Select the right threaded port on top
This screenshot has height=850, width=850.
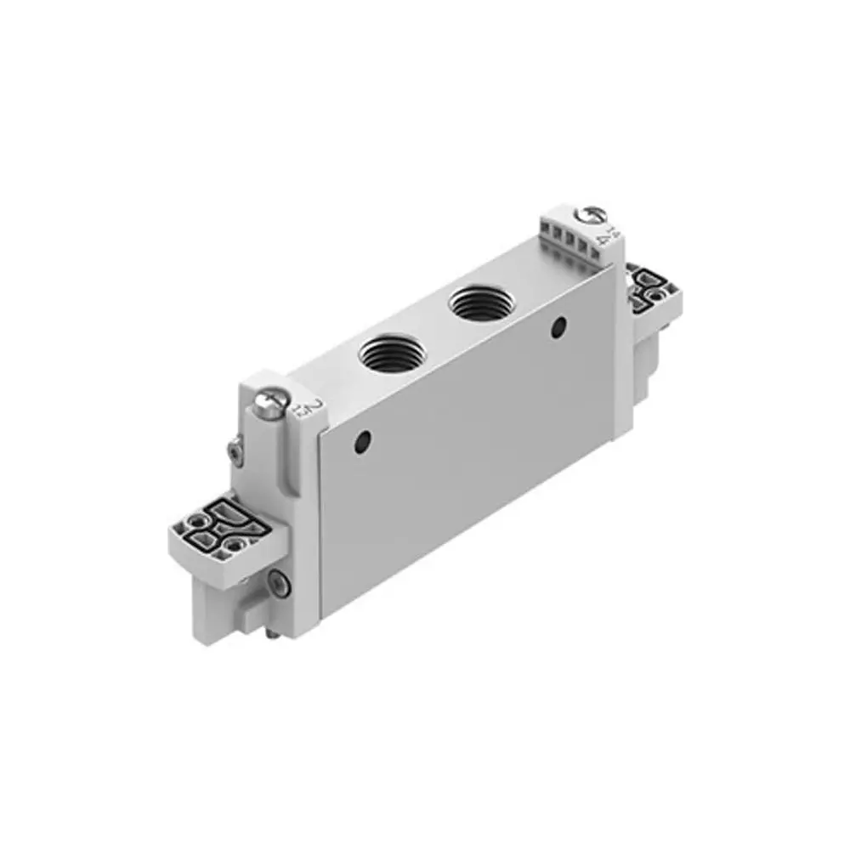point(478,303)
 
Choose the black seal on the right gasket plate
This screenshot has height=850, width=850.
point(649,285)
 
